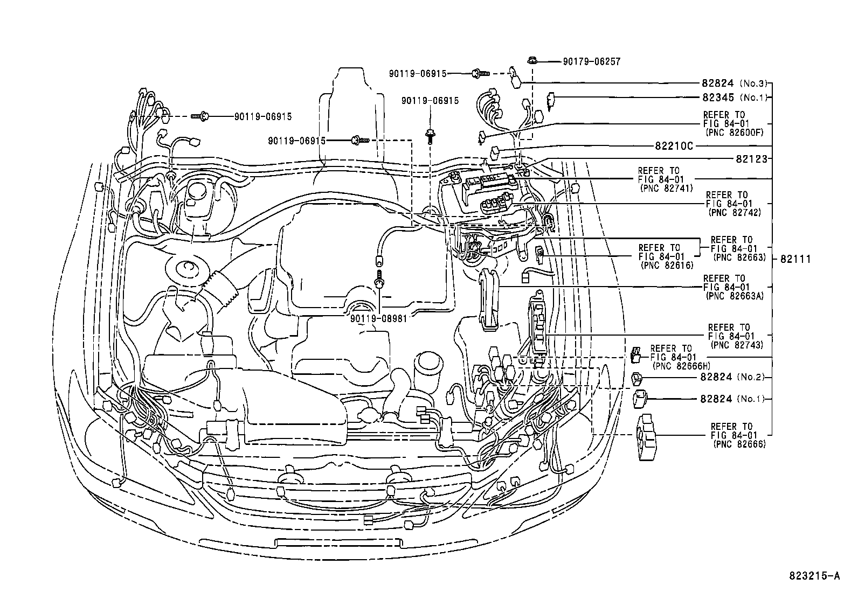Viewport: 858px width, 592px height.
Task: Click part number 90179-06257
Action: [x=591, y=61]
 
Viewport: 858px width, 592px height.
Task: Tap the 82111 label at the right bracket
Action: [x=795, y=259]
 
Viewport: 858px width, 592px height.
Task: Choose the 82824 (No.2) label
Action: [x=732, y=377]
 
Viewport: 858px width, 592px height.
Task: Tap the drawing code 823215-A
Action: [x=814, y=576]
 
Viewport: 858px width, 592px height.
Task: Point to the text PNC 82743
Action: [x=737, y=345]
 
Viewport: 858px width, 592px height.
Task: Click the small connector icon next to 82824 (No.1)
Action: [x=639, y=399]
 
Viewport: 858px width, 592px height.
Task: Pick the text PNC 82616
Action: [x=667, y=266]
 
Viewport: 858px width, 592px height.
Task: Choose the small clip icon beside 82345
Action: [x=551, y=100]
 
